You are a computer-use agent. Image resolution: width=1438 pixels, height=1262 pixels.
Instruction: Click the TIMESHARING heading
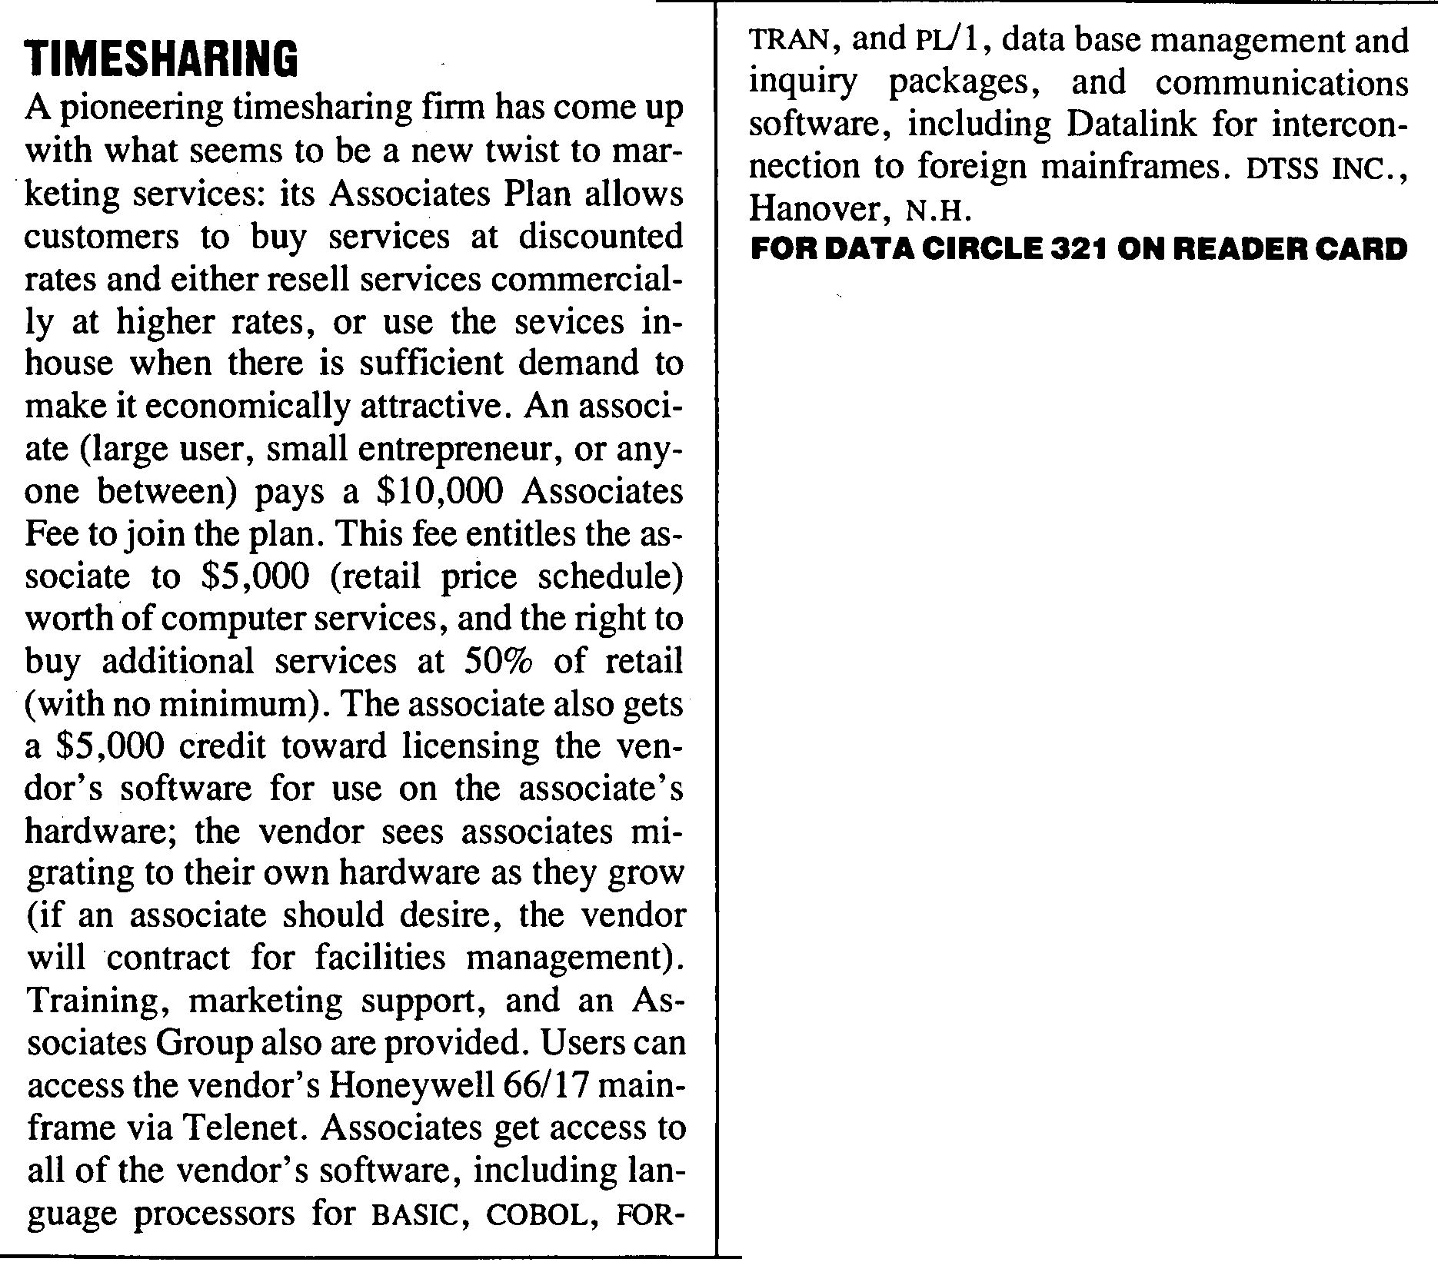coord(161,59)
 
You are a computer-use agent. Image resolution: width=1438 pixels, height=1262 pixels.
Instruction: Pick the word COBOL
coord(536,1214)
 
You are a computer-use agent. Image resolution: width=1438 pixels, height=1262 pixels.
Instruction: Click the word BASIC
coord(415,1214)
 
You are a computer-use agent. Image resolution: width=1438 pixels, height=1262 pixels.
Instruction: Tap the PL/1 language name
coord(949,40)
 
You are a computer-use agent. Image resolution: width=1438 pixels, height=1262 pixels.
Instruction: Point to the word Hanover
coord(813,209)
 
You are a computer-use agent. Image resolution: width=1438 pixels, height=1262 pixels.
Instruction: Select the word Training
coord(96,1001)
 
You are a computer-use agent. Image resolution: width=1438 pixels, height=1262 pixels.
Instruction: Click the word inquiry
coord(803,83)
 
